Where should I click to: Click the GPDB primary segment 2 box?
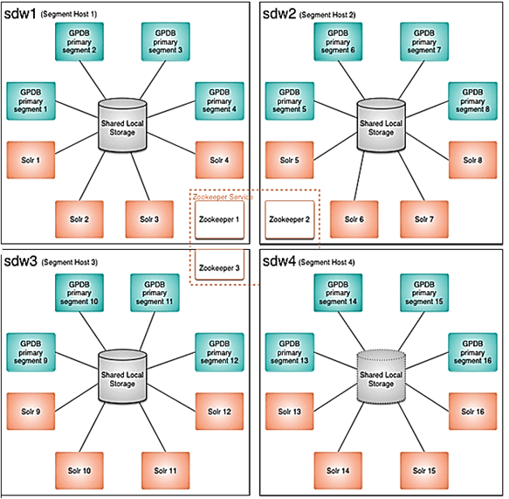coord(79,42)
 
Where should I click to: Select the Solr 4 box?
coord(219,160)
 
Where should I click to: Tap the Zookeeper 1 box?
coord(219,219)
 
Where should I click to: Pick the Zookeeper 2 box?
coord(290,219)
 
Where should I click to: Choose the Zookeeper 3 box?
coord(219,265)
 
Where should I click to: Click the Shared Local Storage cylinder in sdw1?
coord(122,125)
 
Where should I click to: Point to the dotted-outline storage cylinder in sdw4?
coord(382,376)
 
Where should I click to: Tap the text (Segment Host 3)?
coord(70,262)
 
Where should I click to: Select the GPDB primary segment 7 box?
coord(424,42)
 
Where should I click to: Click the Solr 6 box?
coord(354,219)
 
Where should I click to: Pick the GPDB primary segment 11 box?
coord(155,293)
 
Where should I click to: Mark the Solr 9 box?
coord(31,412)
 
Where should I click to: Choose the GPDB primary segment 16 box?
coord(472,352)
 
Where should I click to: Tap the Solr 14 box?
coord(338,470)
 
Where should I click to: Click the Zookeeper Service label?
coord(223,197)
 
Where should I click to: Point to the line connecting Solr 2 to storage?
coord(93,176)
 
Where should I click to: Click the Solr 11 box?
coord(166,470)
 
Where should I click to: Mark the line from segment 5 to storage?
coord(335,109)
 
